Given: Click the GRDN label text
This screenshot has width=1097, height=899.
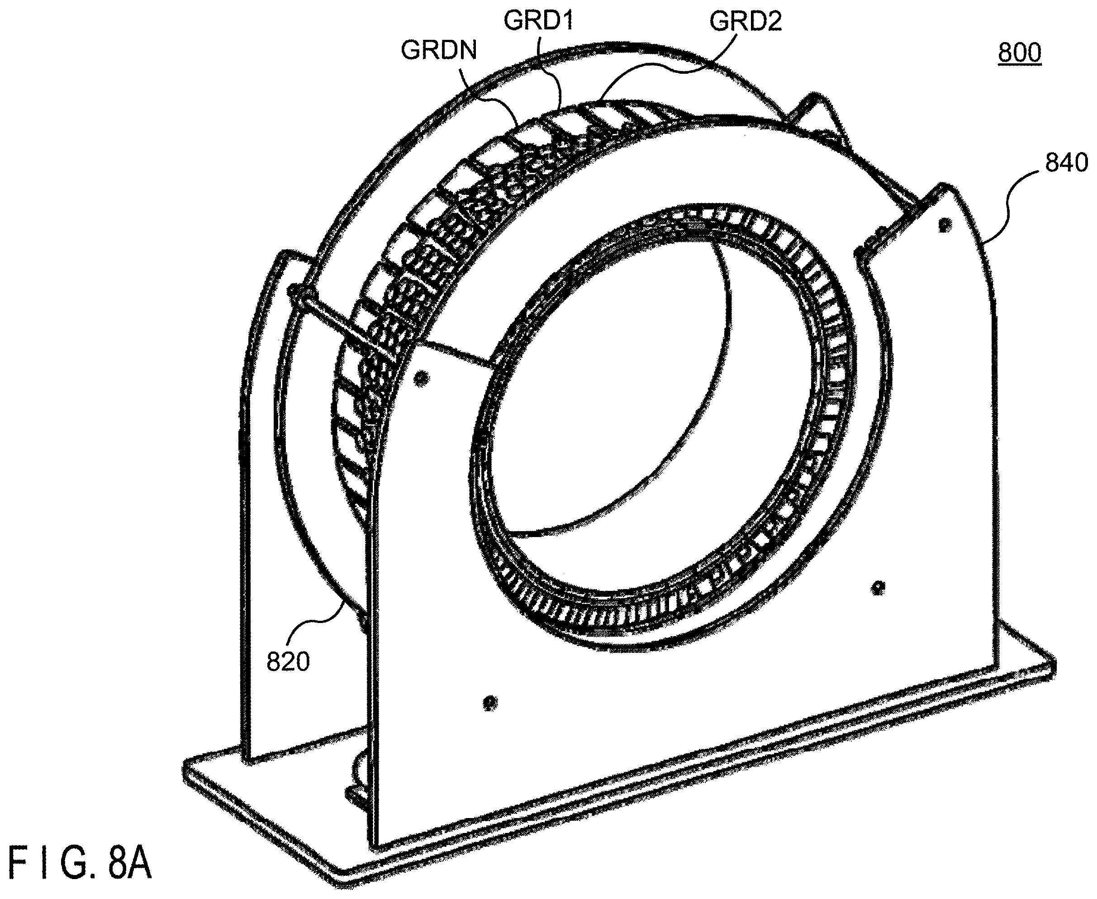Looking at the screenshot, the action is pyautogui.click(x=438, y=51).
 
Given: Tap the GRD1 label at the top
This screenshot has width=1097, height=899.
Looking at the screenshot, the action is pyautogui.click(x=538, y=21).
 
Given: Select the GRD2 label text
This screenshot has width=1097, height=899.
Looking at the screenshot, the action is pyautogui.click(x=746, y=21).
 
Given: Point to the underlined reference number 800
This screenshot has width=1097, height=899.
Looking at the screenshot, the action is pyautogui.click(x=1019, y=53).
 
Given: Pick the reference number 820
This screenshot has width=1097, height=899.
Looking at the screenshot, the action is pyautogui.click(x=288, y=662).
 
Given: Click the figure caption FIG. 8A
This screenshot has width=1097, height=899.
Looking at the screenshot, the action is pyautogui.click(x=80, y=864).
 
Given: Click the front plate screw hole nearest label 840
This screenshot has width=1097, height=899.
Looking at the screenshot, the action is pyautogui.click(x=945, y=225).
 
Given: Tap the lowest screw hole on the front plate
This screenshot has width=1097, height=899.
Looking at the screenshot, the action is pyautogui.click(x=490, y=702).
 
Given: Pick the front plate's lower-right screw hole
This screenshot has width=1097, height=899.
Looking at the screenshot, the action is pyautogui.click(x=878, y=587).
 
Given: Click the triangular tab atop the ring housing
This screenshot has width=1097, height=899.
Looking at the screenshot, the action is pyautogui.click(x=818, y=117).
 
